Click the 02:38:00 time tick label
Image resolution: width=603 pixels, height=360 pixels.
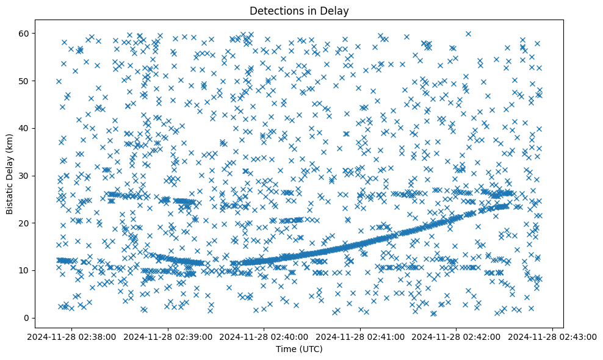click(x=73, y=336)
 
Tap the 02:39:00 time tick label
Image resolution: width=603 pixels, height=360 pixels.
click(x=169, y=336)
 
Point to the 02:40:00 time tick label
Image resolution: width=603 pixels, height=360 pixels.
click(x=265, y=336)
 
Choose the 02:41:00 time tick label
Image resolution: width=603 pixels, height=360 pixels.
click(x=361, y=336)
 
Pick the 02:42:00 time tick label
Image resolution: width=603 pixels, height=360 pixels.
click(x=457, y=336)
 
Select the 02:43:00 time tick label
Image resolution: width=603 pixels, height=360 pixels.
click(x=552, y=336)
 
